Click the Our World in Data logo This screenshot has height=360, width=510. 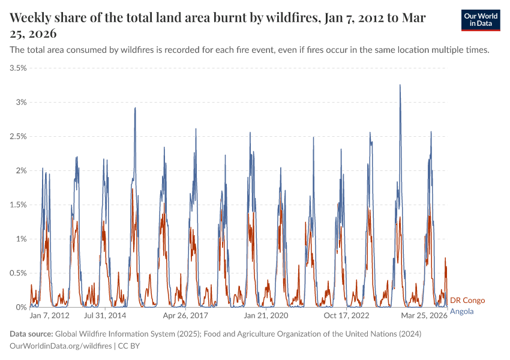pos(481,20)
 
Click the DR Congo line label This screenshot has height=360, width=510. pos(467,300)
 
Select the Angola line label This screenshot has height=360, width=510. pos(461,311)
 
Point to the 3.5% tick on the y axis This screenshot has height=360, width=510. pos(17,68)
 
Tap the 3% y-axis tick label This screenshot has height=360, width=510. pos(20,103)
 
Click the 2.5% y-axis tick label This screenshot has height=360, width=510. pos(17,137)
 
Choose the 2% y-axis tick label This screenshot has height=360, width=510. pos(20,171)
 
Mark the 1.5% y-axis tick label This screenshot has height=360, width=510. pos(17,205)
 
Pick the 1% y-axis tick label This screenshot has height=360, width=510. pos(20,239)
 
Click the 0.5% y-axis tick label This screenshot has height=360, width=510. pos(17,274)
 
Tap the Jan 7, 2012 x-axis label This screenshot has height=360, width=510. pos(50,316)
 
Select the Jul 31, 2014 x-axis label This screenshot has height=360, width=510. pos(105,316)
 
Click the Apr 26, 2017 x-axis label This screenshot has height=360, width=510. pos(185,316)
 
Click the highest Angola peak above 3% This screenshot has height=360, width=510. pos(400,85)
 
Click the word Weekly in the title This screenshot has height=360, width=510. pos(31,18)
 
